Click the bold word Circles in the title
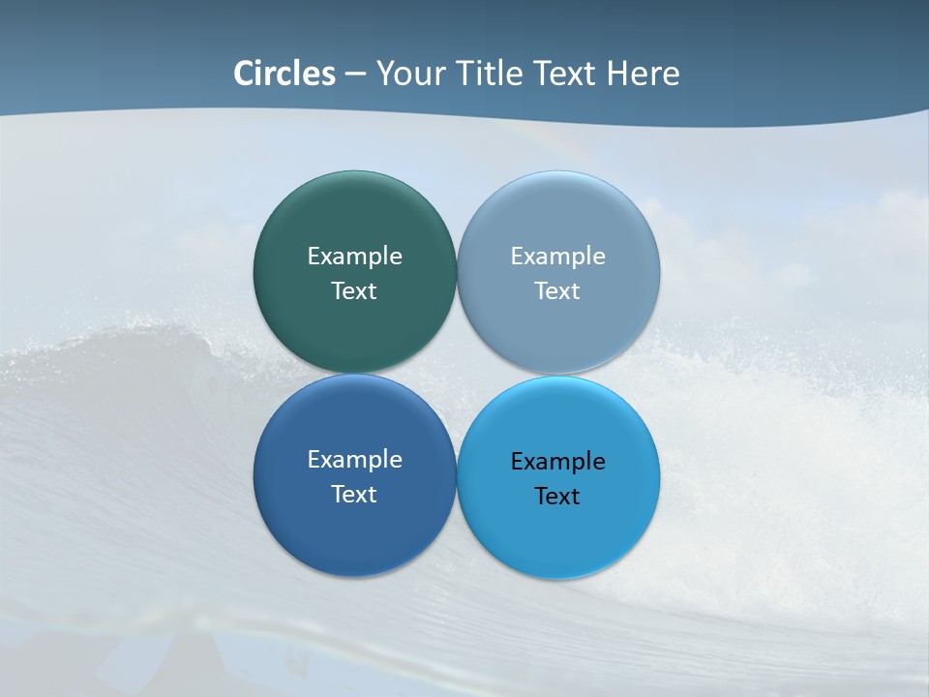click(x=285, y=74)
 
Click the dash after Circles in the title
click(x=355, y=75)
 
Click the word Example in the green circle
click(x=354, y=256)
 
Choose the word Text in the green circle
click(x=354, y=290)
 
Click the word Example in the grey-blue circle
click(x=558, y=256)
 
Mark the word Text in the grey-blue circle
click(x=558, y=290)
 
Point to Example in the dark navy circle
click(x=354, y=459)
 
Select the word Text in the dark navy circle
click(x=354, y=494)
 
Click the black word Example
click(x=558, y=461)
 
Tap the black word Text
click(x=558, y=496)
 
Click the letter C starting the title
click(x=244, y=74)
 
